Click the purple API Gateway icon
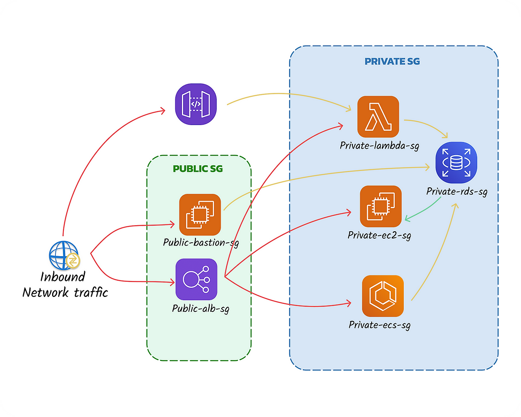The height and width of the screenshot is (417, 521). tap(196, 104)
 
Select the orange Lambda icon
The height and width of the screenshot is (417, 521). tap(378, 116)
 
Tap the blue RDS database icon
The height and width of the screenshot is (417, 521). tap(456, 162)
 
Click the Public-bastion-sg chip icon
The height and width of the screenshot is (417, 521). tap(200, 215)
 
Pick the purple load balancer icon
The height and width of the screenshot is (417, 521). tap(197, 279)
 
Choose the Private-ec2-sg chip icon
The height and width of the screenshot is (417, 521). tap(381, 206)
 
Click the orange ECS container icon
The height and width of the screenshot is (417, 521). tap(383, 296)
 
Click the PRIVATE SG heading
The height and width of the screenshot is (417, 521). tap(392, 61)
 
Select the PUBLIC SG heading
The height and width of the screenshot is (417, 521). tap(198, 169)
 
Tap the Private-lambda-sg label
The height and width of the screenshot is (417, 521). tap(379, 146)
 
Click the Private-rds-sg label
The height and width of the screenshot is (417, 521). tap(457, 191)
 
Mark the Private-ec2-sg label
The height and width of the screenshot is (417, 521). tap(379, 235)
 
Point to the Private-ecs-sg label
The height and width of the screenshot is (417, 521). tap(379, 325)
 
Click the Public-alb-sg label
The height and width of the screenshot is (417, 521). tap(201, 308)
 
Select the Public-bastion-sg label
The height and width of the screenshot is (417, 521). tap(201, 243)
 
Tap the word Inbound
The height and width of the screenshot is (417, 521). tap(63, 277)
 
